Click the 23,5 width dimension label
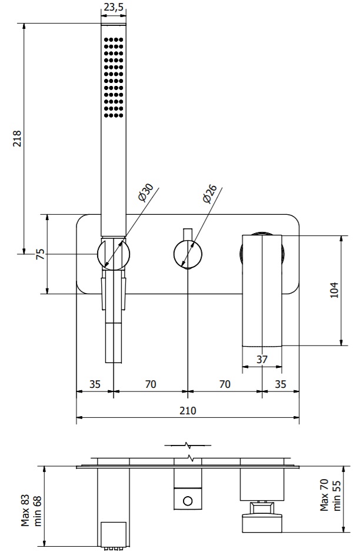tap(114, 7)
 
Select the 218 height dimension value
tap(17, 138)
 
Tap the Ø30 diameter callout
tap(145, 193)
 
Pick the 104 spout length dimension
tap(334, 290)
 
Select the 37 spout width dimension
tap(262, 359)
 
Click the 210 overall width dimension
tap(188, 410)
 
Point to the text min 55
tap(336, 496)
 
